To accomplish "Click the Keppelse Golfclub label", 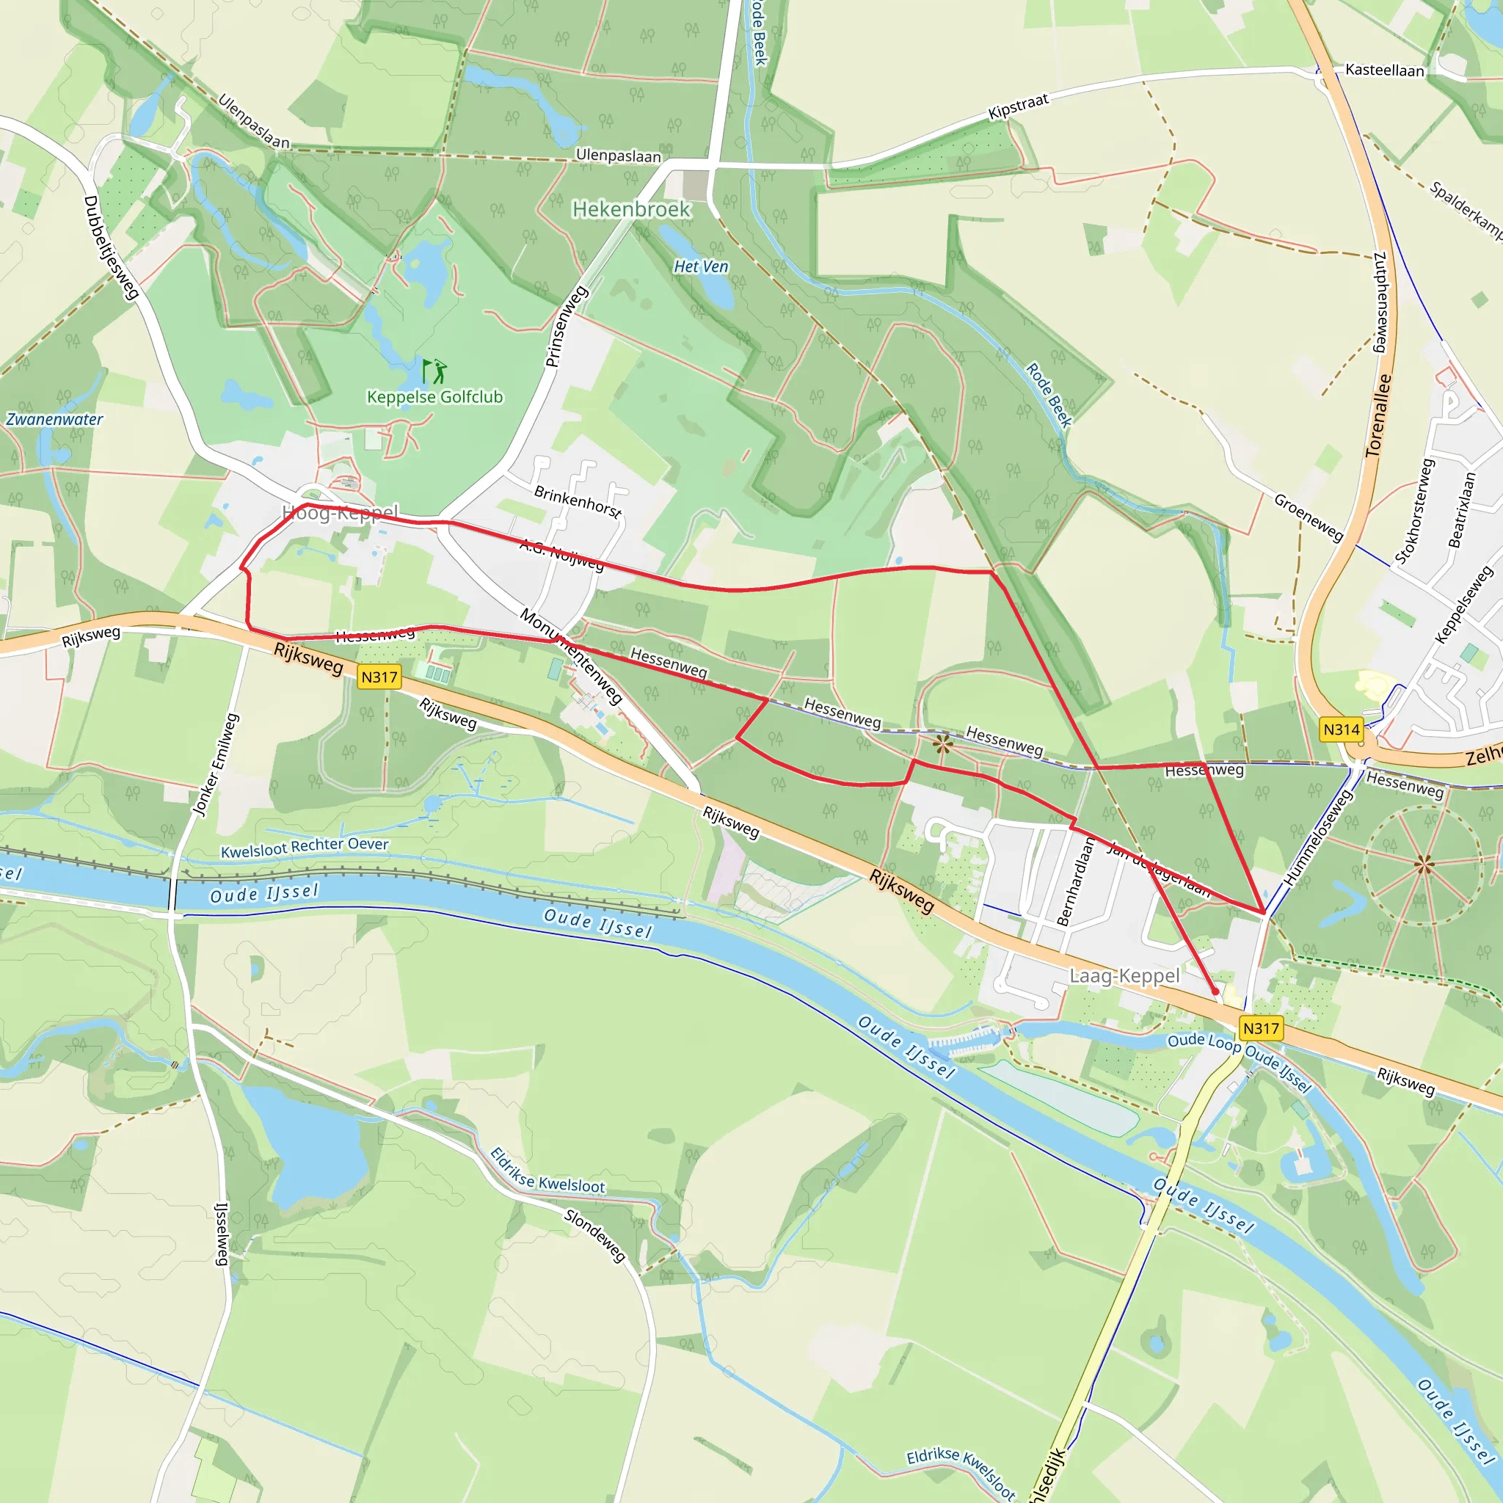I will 434,397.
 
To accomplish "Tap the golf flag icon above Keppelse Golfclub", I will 434,371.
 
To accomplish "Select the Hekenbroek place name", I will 631,209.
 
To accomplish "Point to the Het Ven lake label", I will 700,267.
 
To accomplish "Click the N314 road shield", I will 1342,729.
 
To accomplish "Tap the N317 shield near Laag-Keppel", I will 1261,1027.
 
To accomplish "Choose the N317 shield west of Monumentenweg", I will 379,677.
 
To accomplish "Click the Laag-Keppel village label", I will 1124,975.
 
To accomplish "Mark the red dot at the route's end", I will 1215,991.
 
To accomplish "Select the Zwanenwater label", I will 54,419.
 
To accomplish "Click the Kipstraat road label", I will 1018,106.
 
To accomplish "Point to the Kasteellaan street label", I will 1384,70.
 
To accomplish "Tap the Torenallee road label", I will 1378,415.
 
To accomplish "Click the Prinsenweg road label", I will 567,326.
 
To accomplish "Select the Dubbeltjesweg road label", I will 111,247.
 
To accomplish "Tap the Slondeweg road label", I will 594,1235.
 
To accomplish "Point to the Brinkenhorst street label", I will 578,502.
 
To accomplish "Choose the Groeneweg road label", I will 1308,517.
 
